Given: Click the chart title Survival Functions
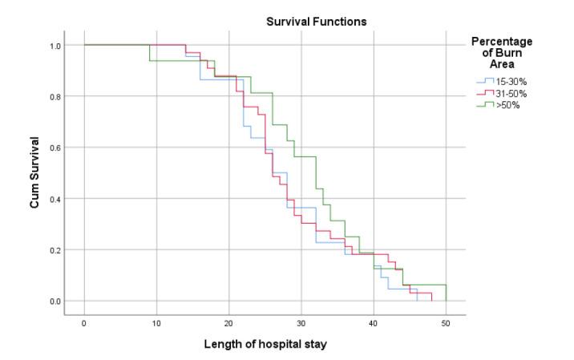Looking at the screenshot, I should [x=317, y=22].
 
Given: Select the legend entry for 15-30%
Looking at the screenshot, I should [x=509, y=81].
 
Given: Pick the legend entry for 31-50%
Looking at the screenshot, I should [x=509, y=93].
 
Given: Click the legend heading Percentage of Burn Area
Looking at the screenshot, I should [x=501, y=53].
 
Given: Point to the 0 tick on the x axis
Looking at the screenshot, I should [x=84, y=322].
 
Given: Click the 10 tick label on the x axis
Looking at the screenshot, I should [x=156, y=322].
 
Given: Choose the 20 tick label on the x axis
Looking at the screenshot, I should [x=228, y=322].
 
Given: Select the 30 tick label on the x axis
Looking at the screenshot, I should [x=301, y=322].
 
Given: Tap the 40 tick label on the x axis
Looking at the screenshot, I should [x=374, y=322].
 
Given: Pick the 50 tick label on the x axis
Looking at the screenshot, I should [x=446, y=322].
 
